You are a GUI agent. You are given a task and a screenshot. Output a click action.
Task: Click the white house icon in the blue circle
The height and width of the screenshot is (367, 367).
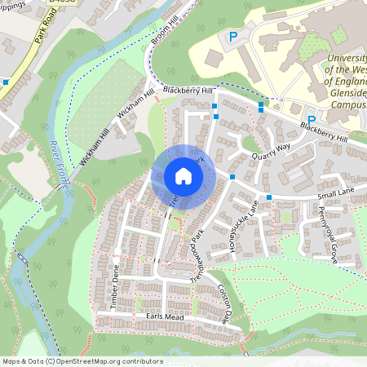pos(183,176)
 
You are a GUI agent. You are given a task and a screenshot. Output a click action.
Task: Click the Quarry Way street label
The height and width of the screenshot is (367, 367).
pos(271,150)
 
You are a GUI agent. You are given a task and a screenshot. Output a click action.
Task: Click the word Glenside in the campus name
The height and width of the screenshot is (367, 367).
pos(346,94)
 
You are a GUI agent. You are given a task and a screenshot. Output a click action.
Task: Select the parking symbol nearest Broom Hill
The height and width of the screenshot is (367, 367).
pos(233,37)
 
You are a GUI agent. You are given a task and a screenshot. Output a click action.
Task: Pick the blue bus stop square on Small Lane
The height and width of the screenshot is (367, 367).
pos(268,198)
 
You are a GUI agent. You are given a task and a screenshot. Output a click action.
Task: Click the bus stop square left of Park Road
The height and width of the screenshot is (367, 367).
pos(7,82)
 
